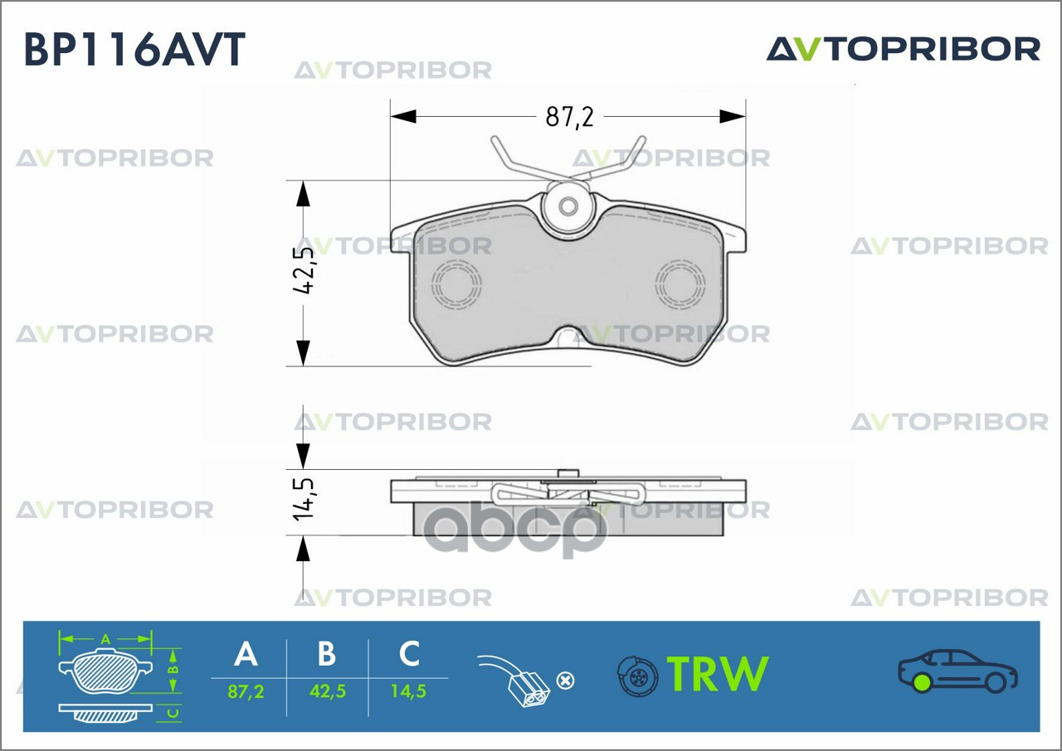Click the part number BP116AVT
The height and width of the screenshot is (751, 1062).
pos(134,50)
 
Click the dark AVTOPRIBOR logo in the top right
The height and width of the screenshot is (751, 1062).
pos(903,49)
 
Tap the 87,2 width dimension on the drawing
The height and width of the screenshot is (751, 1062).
pos(569,117)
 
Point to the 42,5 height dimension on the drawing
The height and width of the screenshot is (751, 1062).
pos(304,271)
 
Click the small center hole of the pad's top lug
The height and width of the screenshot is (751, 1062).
pos(568,206)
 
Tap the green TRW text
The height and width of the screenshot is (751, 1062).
pos(719,674)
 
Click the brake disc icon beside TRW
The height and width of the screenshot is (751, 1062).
pos(637,676)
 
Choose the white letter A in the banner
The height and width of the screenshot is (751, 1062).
pos(246,654)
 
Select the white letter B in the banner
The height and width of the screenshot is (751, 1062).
pos(327,654)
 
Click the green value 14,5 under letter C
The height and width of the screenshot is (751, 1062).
pos(408,690)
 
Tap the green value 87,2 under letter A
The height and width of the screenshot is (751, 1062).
pos(246,690)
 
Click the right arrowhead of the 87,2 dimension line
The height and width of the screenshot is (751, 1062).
pos(733,117)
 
